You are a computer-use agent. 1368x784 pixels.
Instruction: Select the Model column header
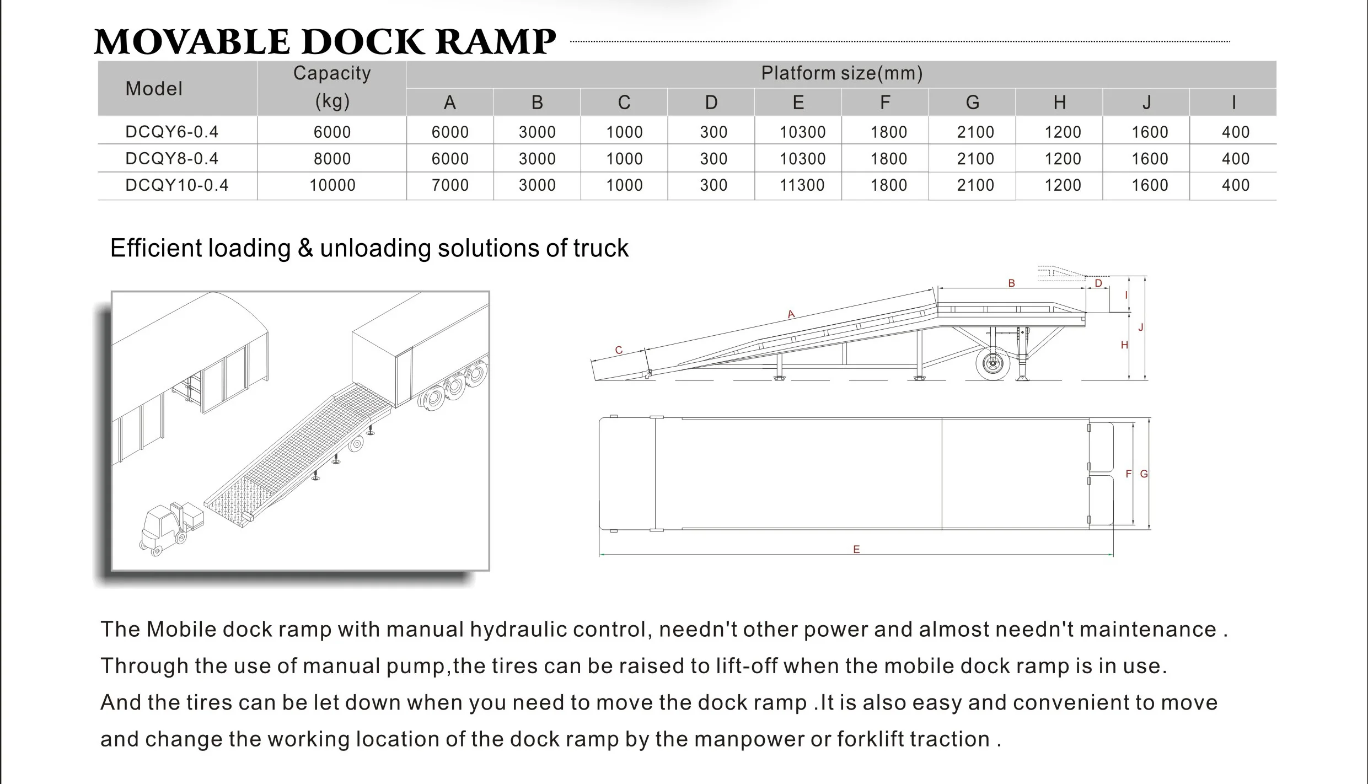click(x=153, y=88)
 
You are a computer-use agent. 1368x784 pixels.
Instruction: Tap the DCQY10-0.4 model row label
click(x=176, y=185)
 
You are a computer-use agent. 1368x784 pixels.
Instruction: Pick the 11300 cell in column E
click(x=802, y=185)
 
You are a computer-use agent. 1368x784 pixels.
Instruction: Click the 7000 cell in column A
click(x=450, y=185)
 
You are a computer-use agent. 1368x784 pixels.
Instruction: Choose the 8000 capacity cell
click(x=332, y=159)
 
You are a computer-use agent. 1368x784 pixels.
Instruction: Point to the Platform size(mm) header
click(x=841, y=73)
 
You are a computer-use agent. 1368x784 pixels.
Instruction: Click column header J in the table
click(x=1146, y=103)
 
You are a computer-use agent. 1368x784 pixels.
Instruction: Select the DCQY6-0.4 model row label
click(x=171, y=132)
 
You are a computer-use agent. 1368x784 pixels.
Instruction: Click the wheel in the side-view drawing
click(x=993, y=363)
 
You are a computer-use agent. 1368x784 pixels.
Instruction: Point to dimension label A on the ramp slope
click(x=791, y=314)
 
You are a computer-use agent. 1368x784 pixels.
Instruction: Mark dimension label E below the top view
click(x=856, y=549)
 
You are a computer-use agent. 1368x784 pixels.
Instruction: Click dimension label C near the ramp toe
click(x=619, y=350)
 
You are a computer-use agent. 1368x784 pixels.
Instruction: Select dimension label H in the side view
click(x=1124, y=345)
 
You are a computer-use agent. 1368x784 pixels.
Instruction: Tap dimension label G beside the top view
click(x=1144, y=474)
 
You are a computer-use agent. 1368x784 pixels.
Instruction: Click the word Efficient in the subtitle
click(x=157, y=248)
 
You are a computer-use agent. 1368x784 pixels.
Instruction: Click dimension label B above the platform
click(x=1011, y=283)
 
